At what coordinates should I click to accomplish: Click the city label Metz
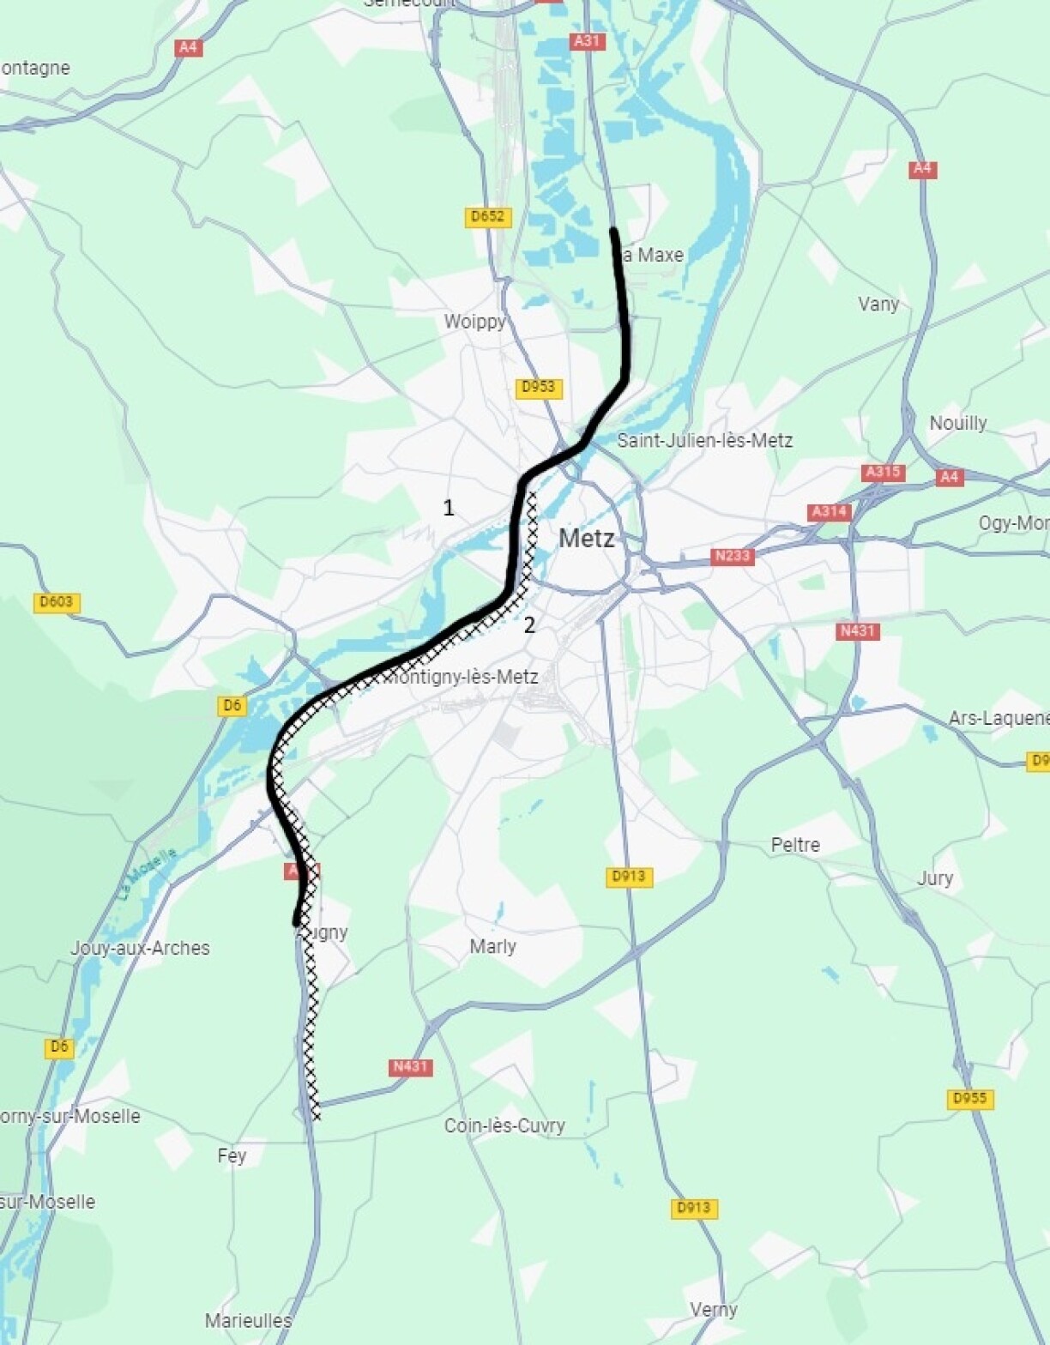(x=587, y=539)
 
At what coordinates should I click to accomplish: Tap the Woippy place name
(x=474, y=322)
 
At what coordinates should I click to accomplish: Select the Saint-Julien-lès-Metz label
(x=704, y=440)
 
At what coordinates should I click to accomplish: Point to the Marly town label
(x=492, y=946)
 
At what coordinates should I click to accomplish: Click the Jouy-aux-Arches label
(x=140, y=948)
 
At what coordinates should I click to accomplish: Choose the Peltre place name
(x=795, y=845)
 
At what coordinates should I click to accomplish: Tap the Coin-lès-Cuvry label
(x=504, y=1125)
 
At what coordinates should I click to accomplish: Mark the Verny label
(x=713, y=1309)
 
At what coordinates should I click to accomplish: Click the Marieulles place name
(x=248, y=1320)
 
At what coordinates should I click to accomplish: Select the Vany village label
(x=878, y=304)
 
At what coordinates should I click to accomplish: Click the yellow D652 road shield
(x=488, y=217)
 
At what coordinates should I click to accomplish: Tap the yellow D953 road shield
(x=539, y=388)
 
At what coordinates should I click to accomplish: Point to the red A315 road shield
(x=883, y=472)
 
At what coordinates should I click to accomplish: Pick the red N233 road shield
(x=732, y=556)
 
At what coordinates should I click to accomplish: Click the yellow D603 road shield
(x=57, y=602)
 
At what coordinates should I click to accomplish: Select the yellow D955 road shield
(x=970, y=1099)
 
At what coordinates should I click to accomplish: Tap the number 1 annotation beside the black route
(x=448, y=508)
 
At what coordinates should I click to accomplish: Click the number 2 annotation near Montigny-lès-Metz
(x=529, y=625)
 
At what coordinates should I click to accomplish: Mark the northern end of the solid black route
(x=613, y=231)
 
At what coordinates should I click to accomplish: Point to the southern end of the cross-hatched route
(x=317, y=1116)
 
